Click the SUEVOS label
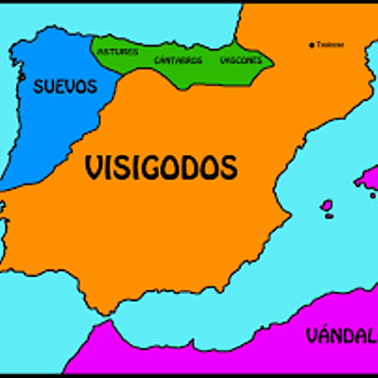[65, 87]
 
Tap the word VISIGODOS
[160, 168]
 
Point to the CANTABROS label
[178, 60]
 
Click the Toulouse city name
[330, 44]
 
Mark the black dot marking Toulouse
[313, 44]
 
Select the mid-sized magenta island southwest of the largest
[327, 205]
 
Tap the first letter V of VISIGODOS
[93, 168]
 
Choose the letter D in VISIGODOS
[195, 168]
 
